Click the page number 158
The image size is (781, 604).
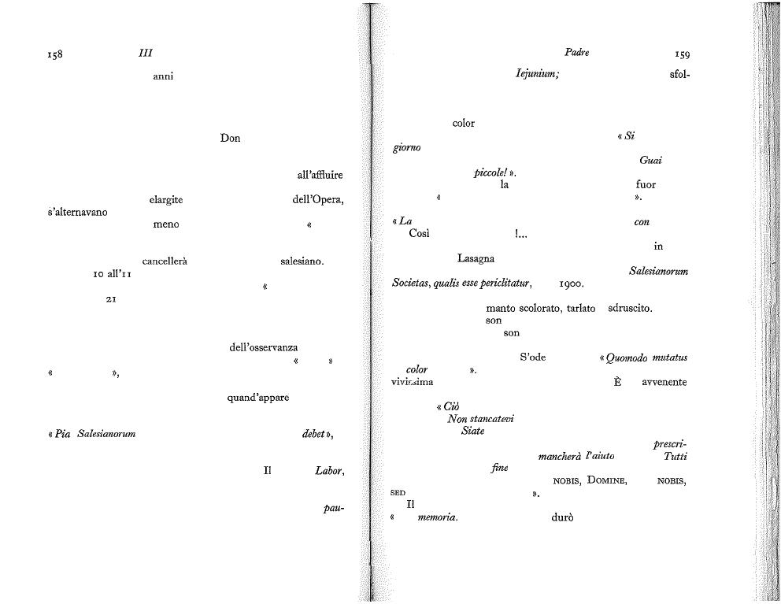pos(55,54)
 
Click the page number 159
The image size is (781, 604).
pos(682,54)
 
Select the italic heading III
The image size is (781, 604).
pos(146,53)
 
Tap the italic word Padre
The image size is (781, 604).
pos(577,52)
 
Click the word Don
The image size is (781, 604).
pos(230,138)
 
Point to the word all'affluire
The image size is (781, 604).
pos(320,175)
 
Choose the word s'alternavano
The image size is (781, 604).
pos(77,212)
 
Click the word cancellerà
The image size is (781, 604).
pos(165,261)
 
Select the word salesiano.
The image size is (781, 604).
pos(302,261)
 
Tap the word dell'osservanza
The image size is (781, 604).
pos(264,347)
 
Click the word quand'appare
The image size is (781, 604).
pos(258,398)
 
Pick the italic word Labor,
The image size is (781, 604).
pos(329,471)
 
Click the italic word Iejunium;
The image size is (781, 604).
pos(537,74)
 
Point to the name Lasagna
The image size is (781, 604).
pos(476,258)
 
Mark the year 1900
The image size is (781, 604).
pos(572,284)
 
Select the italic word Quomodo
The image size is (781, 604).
pos(626,358)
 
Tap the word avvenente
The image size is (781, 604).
pos(664,382)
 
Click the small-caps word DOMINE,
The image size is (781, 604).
pos(607,481)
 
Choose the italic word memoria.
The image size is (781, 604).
pos(438,517)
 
